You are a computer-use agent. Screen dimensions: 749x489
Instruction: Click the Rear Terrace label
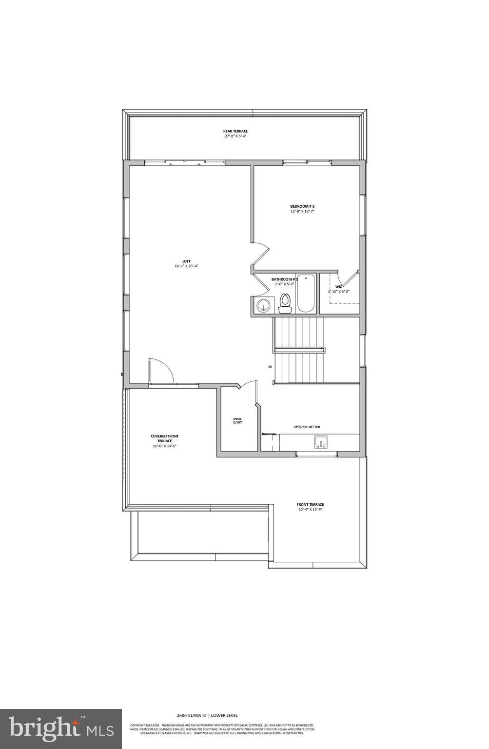(235, 131)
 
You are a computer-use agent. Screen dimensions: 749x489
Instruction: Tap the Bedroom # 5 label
(302, 206)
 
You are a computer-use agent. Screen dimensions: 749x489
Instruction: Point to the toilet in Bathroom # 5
(285, 303)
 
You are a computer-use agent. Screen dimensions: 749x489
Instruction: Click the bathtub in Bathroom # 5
(306, 293)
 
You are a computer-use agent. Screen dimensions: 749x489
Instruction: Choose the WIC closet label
(338, 287)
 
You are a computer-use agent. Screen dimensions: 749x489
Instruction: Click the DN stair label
(270, 367)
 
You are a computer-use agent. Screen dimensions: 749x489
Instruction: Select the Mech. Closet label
(237, 420)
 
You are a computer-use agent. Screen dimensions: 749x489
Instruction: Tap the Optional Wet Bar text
(307, 427)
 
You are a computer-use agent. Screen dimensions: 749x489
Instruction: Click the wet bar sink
(320, 442)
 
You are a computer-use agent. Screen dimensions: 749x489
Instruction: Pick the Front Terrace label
(310, 505)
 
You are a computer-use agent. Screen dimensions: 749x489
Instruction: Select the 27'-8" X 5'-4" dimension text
(235, 136)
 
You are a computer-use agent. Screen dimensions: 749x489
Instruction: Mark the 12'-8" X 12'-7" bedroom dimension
(302, 212)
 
